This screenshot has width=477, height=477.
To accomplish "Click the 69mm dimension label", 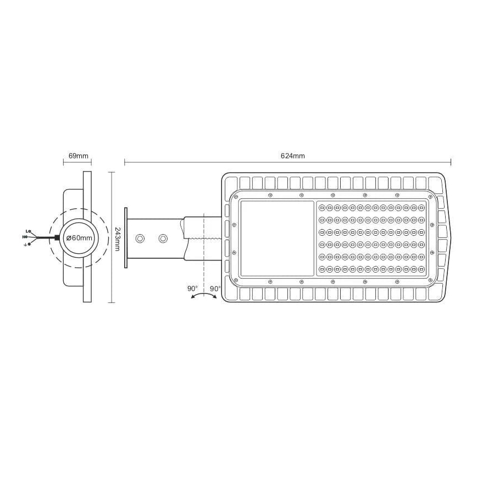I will pyautogui.click(x=77, y=156).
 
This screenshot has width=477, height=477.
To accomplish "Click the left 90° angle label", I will pyautogui.click(x=192, y=289).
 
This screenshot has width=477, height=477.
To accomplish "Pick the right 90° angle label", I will pyautogui.click(x=215, y=289).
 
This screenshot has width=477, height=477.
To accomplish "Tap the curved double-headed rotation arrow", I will pyautogui.click(x=203, y=295).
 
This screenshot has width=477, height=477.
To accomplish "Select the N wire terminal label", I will pyautogui.click(x=25, y=237).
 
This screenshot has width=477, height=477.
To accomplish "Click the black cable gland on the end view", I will pyautogui.click(x=57, y=238).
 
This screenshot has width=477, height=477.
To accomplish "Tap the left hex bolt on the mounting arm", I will pyautogui.click(x=140, y=239).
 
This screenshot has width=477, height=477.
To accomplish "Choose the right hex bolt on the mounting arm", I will pyautogui.click(x=163, y=239).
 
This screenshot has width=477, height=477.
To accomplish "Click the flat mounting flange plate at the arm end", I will pyautogui.click(x=126, y=238).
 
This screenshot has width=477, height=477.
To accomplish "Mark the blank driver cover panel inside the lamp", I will pyautogui.click(x=278, y=238).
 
